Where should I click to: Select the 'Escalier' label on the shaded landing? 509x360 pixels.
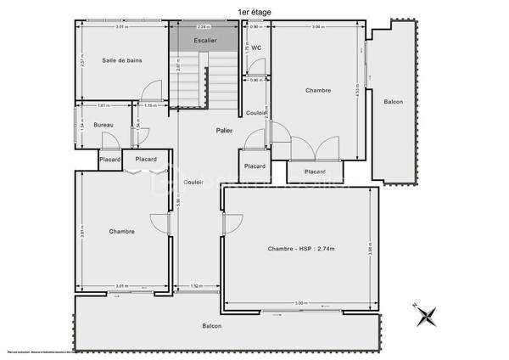pyautogui.click(x=205, y=40)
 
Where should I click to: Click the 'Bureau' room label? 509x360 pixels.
pyautogui.click(x=103, y=126)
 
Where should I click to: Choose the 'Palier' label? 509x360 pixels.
pyautogui.click(x=224, y=130)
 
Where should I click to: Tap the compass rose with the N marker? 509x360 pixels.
pyautogui.click(x=426, y=316)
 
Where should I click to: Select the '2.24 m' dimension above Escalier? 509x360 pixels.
pyautogui.click(x=205, y=27)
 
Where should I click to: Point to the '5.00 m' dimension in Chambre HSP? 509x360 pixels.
pyautogui.click(x=300, y=303)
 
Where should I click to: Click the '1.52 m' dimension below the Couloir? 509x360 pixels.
pyautogui.click(x=196, y=286)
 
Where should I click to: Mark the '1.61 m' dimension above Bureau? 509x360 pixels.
pyautogui.click(x=102, y=106)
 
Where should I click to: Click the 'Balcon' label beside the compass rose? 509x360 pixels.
pyautogui.click(x=212, y=327)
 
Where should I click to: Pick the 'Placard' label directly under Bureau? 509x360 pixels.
pyautogui.click(x=109, y=159)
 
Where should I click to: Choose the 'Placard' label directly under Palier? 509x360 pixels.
pyautogui.click(x=255, y=166)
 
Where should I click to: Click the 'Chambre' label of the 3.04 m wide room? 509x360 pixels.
pyautogui.click(x=317, y=90)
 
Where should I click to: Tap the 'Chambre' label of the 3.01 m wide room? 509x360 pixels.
pyautogui.click(x=121, y=231)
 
